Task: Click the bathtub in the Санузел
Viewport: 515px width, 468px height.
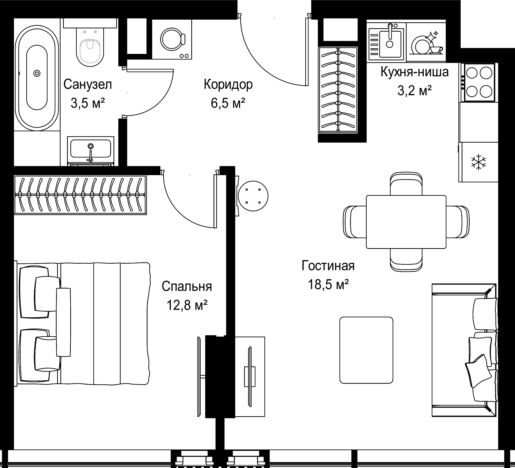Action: pyautogui.click(x=37, y=78)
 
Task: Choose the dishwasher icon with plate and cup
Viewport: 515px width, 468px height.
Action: pyautogui.click(x=426, y=43)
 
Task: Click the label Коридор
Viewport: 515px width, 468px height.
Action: pyautogui.click(x=228, y=84)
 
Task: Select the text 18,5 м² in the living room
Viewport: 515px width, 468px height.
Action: pyautogui.click(x=328, y=284)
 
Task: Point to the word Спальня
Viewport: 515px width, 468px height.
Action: pyautogui.click(x=187, y=286)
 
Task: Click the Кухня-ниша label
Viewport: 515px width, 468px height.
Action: pyautogui.click(x=414, y=72)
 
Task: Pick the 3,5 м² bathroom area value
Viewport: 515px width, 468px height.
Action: pyautogui.click(x=87, y=103)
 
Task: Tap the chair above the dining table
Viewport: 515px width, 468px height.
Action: pyautogui.click(x=406, y=184)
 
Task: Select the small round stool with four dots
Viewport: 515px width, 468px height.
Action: pyautogui.click(x=253, y=196)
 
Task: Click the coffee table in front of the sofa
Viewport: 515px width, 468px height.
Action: pyautogui.click(x=366, y=350)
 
